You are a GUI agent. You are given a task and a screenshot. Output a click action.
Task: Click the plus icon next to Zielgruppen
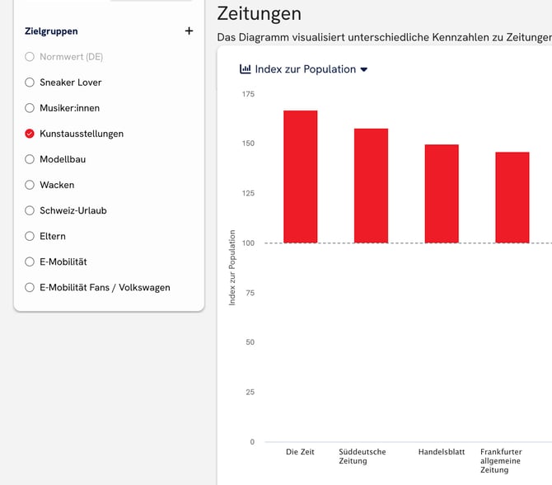tap(189, 31)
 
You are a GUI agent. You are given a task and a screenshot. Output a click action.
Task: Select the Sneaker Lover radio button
tap(30, 82)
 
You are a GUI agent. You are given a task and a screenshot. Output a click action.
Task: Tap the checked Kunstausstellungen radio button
tap(30, 134)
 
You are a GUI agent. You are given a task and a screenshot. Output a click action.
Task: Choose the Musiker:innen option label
tap(69, 108)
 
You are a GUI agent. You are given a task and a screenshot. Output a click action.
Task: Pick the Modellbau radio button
tap(30, 159)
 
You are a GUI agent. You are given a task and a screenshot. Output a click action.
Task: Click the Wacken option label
tap(57, 185)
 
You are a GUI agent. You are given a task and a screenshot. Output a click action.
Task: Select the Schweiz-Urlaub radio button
tap(30, 210)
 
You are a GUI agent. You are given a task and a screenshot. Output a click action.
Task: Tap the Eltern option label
tap(53, 236)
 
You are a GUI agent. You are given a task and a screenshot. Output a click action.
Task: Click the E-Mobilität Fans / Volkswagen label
tap(105, 287)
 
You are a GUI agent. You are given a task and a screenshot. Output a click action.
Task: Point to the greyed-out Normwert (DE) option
tap(71, 57)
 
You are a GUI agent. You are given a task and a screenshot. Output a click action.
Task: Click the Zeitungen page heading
tap(259, 13)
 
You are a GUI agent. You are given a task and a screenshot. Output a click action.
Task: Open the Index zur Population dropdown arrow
tap(364, 69)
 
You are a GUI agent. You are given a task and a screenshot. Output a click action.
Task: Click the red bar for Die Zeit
tap(301, 177)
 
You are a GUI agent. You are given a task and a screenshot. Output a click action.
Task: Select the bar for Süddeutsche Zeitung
tap(371, 186)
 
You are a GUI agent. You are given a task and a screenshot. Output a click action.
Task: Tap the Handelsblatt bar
tap(442, 194)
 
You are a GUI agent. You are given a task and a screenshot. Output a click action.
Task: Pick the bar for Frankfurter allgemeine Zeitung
tap(512, 198)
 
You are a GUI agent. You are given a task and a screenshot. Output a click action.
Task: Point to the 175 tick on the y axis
tap(248, 94)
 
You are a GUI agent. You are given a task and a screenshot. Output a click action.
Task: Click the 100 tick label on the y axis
tap(248, 242)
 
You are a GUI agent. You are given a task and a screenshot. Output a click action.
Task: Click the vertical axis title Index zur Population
tap(232, 268)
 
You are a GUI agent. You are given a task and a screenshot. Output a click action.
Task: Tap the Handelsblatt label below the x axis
tap(442, 452)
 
